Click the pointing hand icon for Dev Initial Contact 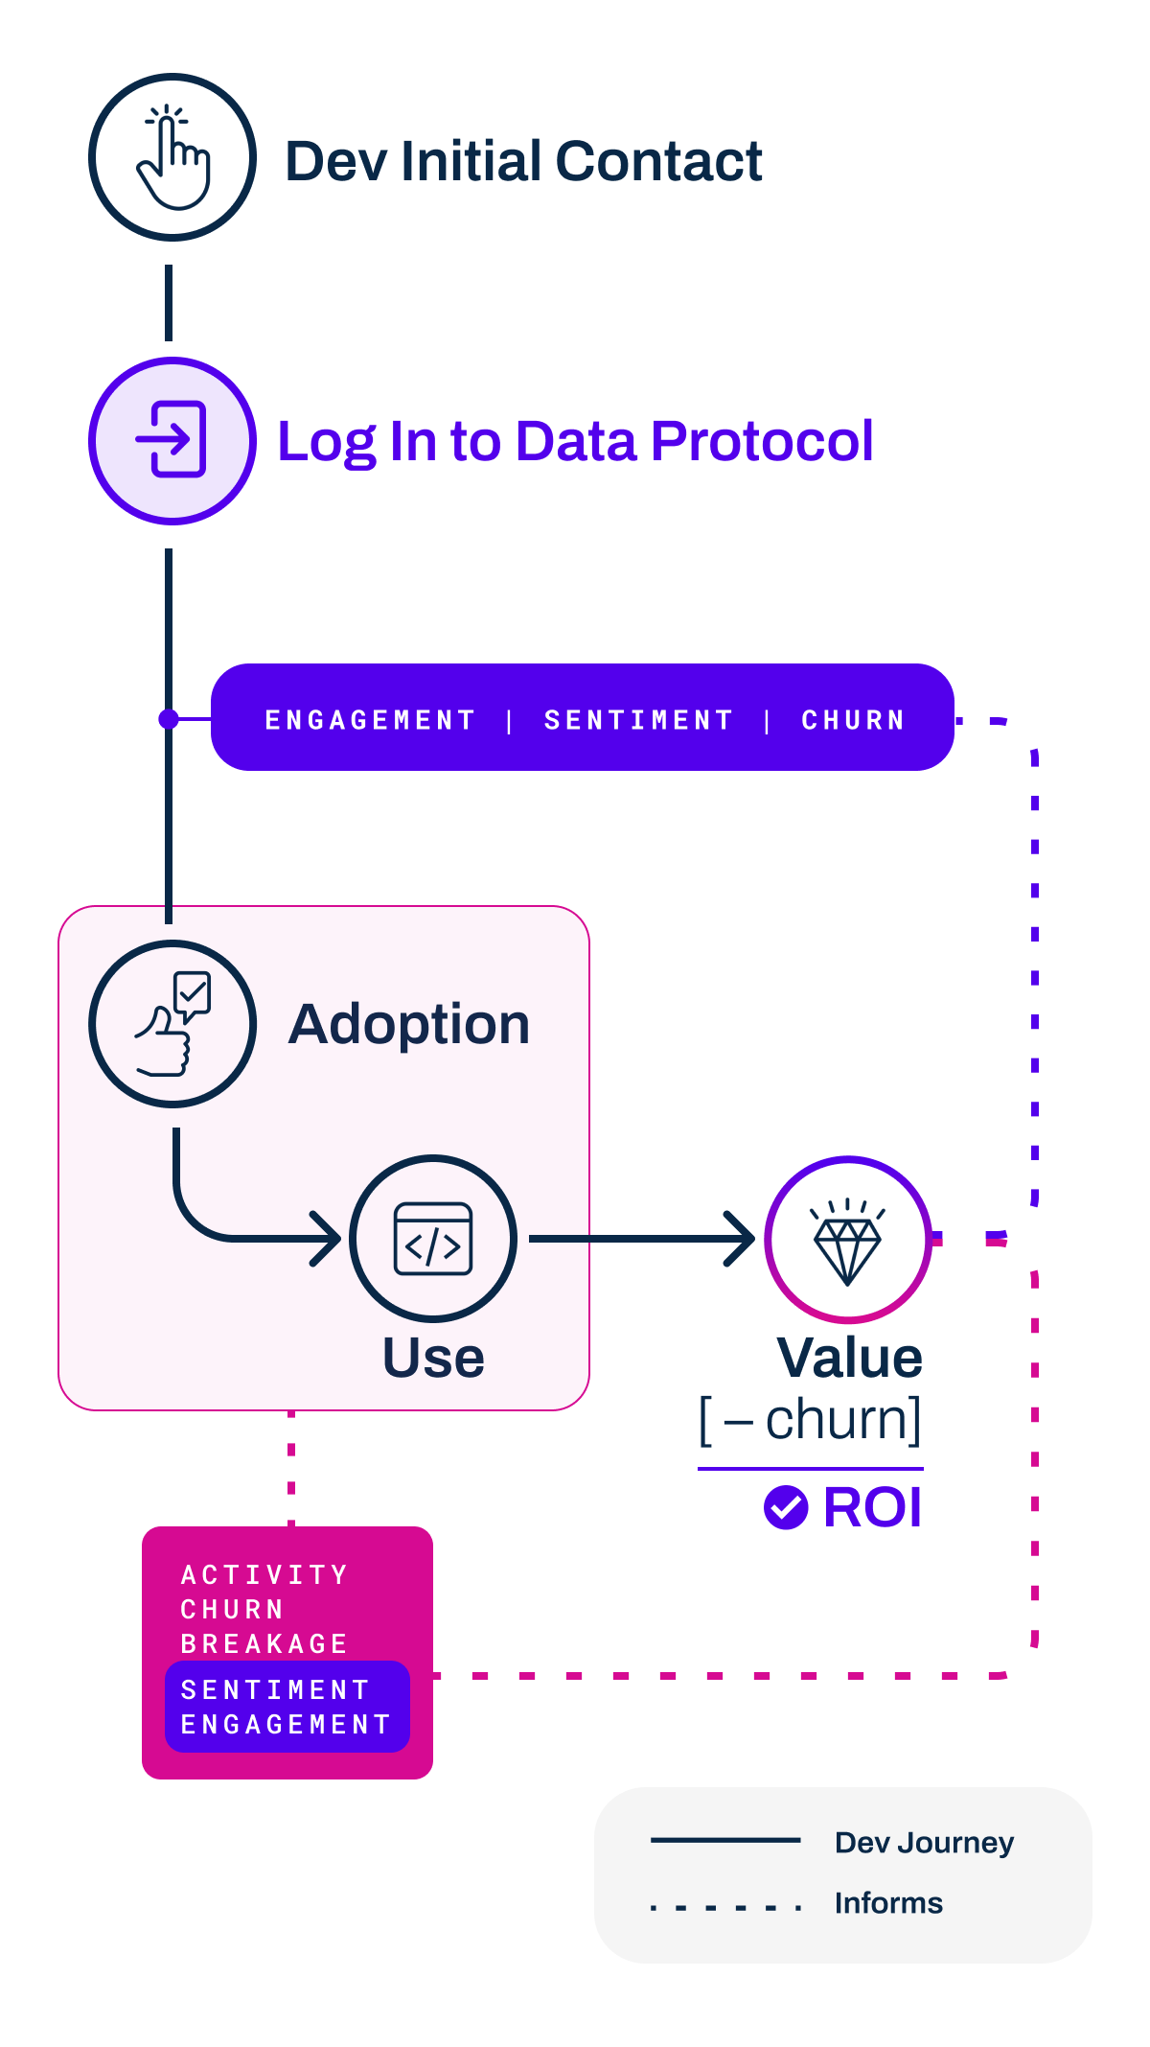click(172, 157)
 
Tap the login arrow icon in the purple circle click(172, 440)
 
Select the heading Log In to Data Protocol click(575, 441)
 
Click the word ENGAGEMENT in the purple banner click(370, 720)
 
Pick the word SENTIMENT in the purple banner click(638, 720)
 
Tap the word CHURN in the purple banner click(853, 720)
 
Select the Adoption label click(409, 1024)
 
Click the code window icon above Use click(433, 1239)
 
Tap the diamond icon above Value click(847, 1241)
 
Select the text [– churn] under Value click(811, 1420)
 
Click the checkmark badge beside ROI click(786, 1507)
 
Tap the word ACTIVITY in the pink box click(264, 1575)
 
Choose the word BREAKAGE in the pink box click(264, 1644)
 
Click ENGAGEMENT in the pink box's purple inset click(286, 1725)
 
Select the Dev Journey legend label click(924, 1843)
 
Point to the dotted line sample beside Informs click(725, 1907)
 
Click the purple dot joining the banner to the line click(169, 719)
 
